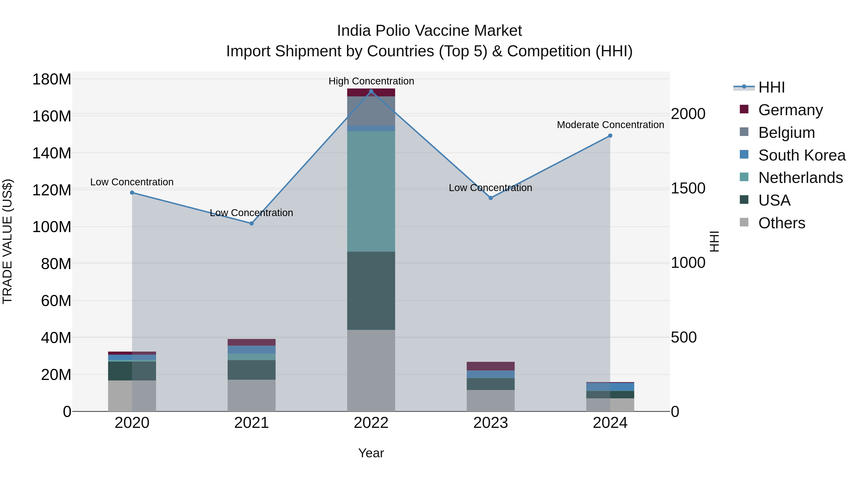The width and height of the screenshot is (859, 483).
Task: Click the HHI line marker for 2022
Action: tap(371, 91)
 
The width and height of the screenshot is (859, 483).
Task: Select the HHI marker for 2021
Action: tap(251, 223)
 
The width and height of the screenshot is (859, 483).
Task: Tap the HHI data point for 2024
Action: tap(610, 136)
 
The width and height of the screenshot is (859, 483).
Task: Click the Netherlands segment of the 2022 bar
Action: tap(371, 191)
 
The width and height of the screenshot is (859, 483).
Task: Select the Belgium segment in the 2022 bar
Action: tap(371, 111)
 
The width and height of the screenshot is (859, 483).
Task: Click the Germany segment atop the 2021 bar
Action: tap(251, 342)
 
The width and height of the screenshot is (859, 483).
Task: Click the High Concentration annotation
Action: tap(371, 81)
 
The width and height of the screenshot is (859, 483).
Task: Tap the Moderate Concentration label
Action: tap(610, 125)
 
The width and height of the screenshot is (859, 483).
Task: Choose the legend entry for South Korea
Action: tap(802, 155)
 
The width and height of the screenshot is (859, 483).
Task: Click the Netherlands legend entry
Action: tap(800, 178)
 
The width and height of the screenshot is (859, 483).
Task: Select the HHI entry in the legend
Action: tap(771, 87)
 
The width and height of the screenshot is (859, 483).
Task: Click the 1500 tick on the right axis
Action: tap(688, 188)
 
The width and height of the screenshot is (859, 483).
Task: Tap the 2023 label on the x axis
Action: tap(491, 423)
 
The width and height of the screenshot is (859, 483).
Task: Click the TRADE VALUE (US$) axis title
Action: tap(7, 241)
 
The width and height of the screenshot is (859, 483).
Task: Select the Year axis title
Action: tap(371, 453)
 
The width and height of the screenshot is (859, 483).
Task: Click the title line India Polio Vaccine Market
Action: tap(429, 31)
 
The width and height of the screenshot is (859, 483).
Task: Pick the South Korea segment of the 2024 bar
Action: tap(610, 387)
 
